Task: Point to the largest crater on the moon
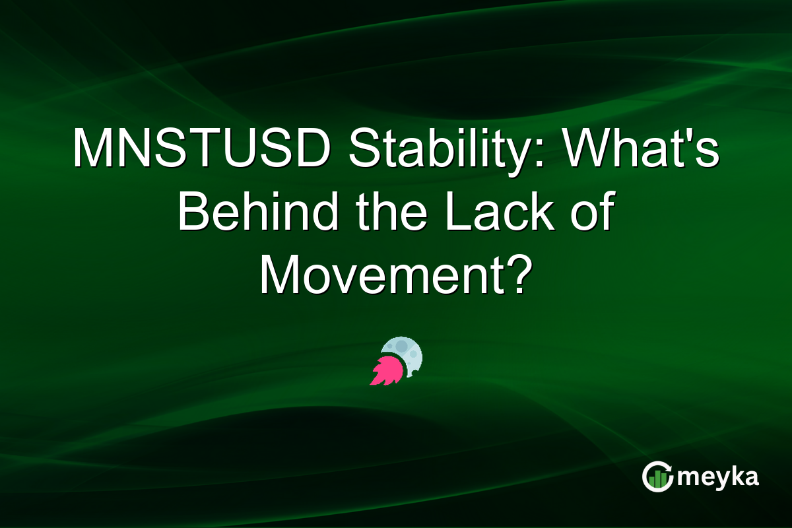click(x=401, y=346)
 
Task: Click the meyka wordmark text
click(x=720, y=477)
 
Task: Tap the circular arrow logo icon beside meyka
click(x=657, y=477)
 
